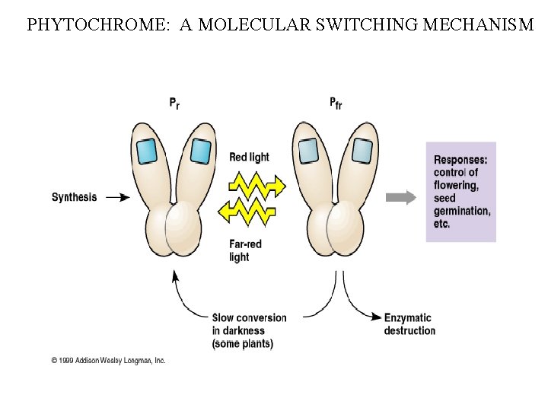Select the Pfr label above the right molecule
click(336, 102)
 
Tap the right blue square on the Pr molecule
click(200, 151)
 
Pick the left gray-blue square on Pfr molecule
click(308, 151)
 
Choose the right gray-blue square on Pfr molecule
click(362, 151)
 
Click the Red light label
click(249, 158)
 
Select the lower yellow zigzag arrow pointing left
click(248, 211)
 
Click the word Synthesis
click(74, 197)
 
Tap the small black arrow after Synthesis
click(118, 197)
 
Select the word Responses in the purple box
click(460, 160)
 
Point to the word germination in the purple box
click(462, 211)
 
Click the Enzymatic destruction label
click(409, 324)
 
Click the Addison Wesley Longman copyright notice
click(108, 360)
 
